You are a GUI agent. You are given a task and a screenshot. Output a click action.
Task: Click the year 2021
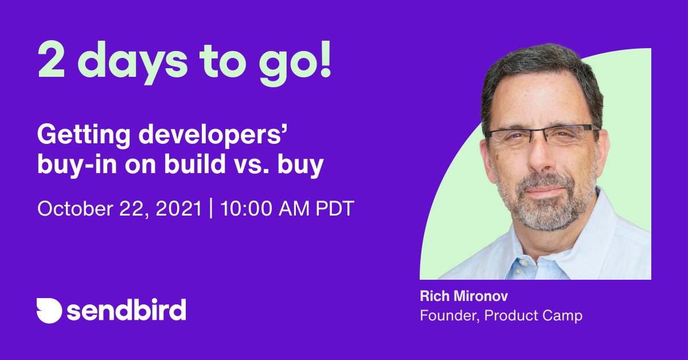178,208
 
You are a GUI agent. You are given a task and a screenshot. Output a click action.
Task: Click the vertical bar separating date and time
210,208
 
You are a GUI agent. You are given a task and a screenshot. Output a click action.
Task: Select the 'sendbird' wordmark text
126,311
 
